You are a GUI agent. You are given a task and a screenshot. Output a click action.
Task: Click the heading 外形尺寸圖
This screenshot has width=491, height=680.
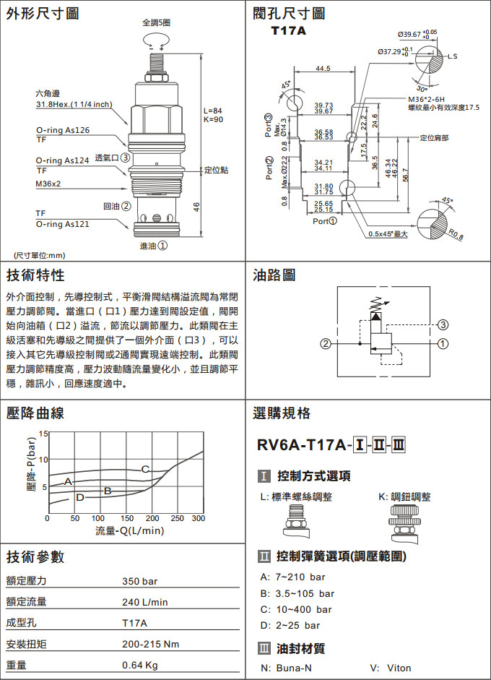pyautogui.click(x=43, y=14)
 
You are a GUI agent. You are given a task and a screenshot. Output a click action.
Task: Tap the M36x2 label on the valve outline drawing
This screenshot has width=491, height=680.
pyautogui.click(x=48, y=184)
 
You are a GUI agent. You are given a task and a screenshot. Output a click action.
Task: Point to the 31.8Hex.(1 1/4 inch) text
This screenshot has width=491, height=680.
pyautogui.click(x=74, y=104)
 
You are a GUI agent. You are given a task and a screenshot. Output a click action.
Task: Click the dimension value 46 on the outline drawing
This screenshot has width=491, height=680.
pyautogui.click(x=196, y=207)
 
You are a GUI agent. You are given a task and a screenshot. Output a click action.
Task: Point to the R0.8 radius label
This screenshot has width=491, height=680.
pyautogui.click(x=456, y=233)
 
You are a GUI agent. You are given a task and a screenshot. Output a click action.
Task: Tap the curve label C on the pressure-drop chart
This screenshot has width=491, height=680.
pyautogui.click(x=145, y=469)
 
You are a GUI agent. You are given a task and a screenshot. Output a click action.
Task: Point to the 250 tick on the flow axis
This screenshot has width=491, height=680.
pyautogui.click(x=177, y=518)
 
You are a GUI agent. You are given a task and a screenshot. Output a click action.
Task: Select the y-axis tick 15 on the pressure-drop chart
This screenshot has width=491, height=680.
pyautogui.click(x=43, y=434)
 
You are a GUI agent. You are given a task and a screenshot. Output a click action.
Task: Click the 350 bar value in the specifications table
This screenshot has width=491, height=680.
pyautogui.click(x=140, y=581)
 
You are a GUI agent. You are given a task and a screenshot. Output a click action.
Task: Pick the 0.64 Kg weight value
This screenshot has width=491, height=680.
pyautogui.click(x=140, y=665)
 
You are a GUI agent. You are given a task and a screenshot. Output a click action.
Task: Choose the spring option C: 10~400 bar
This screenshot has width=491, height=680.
pyautogui.click(x=294, y=609)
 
